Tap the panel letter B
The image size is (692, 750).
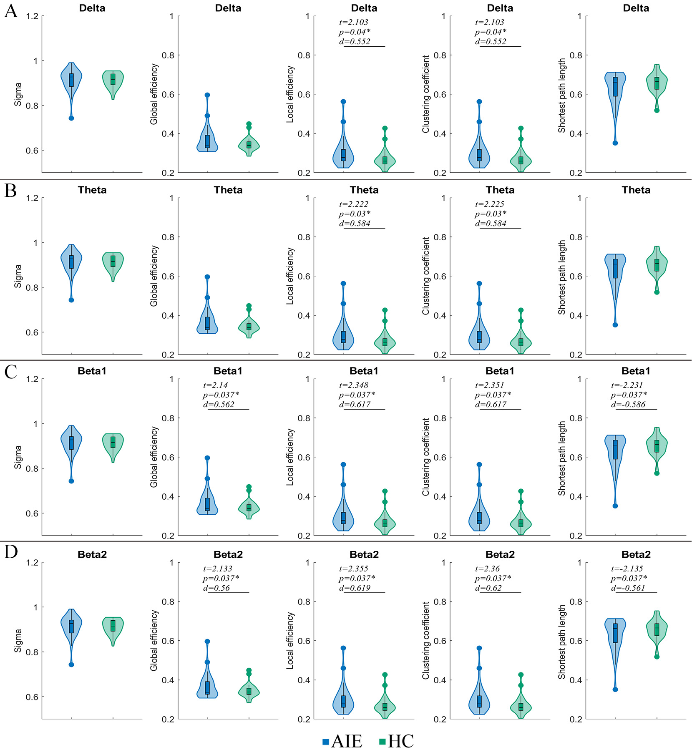coord(11,191)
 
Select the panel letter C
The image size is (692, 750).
coord(11,372)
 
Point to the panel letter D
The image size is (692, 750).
coord(11,552)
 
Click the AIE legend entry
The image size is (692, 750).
coord(342,741)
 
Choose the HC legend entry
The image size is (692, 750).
coord(397,741)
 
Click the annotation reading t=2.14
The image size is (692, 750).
coord(216,385)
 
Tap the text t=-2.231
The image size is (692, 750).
coord(627,385)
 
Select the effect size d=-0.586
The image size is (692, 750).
coord(628,404)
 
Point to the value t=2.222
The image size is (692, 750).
coord(354,204)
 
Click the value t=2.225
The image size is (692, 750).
coord(490,204)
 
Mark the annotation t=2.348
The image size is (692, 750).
coord(354,385)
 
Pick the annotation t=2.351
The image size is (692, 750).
coord(490,385)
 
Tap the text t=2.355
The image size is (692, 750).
coord(354,569)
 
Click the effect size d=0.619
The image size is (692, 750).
coord(355,588)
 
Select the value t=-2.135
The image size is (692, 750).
coord(627,569)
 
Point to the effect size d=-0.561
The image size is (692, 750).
coord(628,588)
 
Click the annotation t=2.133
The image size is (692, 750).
coord(218,569)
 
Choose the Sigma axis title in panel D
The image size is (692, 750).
coord(18,641)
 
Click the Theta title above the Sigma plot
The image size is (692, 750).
coord(92,190)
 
